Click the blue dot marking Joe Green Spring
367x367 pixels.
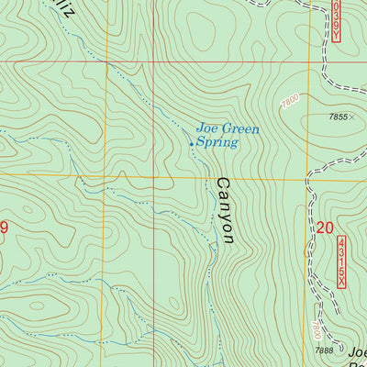pos(191,143)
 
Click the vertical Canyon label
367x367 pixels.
pos(225,210)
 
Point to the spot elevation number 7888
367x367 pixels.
pos(322,350)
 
